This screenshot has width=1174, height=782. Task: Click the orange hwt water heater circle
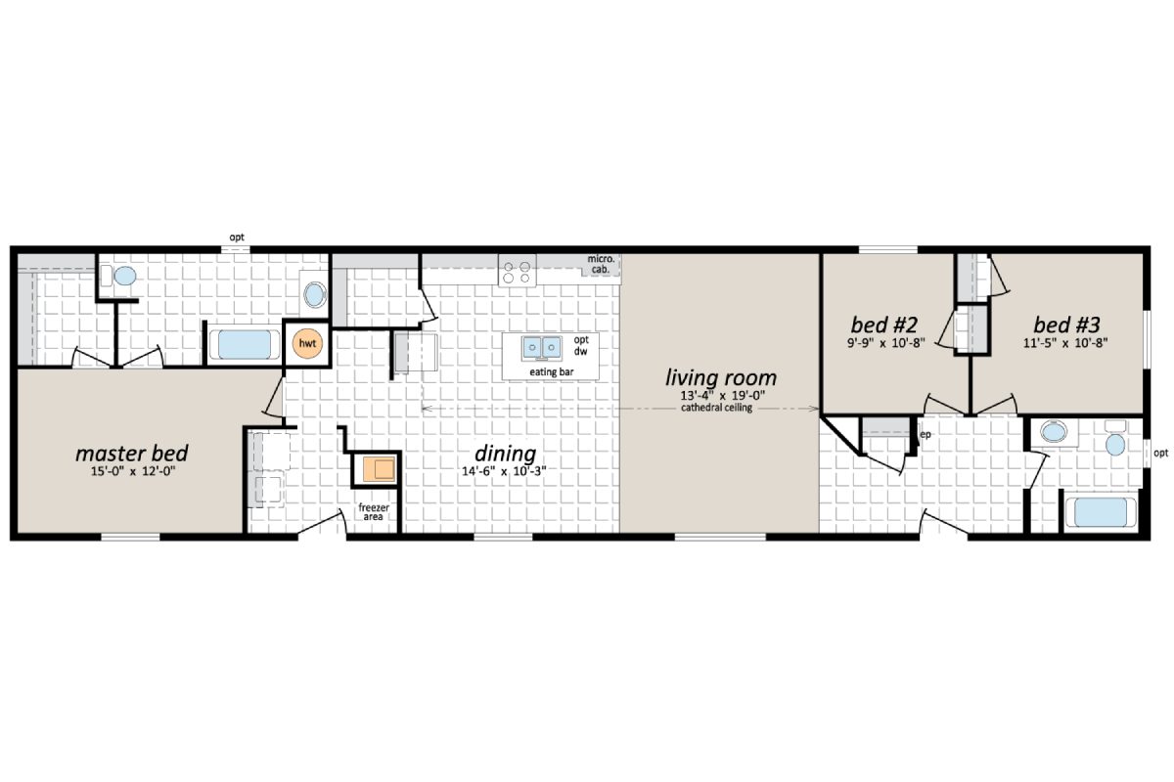pos(306,343)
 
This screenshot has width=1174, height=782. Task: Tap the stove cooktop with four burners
pos(518,270)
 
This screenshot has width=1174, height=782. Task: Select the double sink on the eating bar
pos(541,347)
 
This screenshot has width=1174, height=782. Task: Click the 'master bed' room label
pos(132,454)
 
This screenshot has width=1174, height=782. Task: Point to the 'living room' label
pos(721,377)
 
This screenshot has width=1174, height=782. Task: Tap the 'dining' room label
pos(505,454)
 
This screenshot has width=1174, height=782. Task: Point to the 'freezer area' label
pos(373,512)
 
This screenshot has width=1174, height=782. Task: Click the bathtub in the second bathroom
pos(1100,512)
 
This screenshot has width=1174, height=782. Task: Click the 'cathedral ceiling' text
pos(717,409)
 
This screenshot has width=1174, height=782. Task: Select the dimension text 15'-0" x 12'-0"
pos(132,472)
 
